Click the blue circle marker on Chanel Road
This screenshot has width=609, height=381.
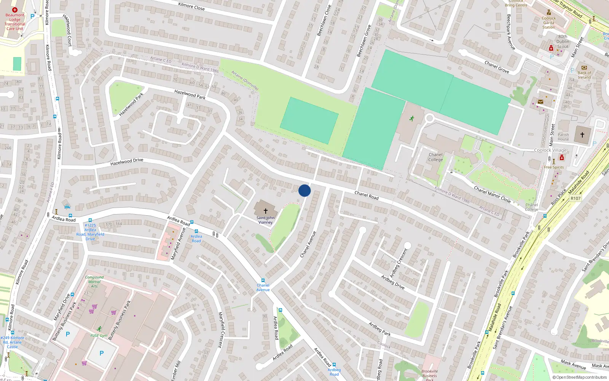coord(304,190)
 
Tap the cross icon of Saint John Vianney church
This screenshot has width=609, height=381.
coord(265,211)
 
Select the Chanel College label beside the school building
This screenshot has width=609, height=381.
coord(435,157)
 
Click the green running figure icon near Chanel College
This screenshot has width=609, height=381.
coord(411,119)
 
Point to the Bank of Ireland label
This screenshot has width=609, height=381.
coord(584,75)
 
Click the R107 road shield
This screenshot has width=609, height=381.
coord(576,199)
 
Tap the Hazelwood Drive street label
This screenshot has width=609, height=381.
coord(127,162)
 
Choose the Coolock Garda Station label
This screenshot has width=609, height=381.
coord(548,22)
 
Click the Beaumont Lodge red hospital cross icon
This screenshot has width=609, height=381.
coord(15,10)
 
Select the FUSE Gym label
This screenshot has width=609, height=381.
coord(99,335)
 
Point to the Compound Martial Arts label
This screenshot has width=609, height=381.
coord(94,282)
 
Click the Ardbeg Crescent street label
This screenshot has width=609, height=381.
coord(399,263)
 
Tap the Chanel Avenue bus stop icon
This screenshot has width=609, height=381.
coord(263,280)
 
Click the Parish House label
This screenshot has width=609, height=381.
coord(563,137)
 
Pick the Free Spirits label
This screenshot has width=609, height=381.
coord(554,167)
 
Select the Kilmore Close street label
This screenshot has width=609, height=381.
coord(191,6)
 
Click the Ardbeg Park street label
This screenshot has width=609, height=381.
coord(379,329)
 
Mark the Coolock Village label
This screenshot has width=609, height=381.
coord(550,150)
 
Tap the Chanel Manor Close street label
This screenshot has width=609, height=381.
coord(492,194)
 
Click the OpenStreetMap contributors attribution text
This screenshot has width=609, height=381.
coord(579,377)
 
